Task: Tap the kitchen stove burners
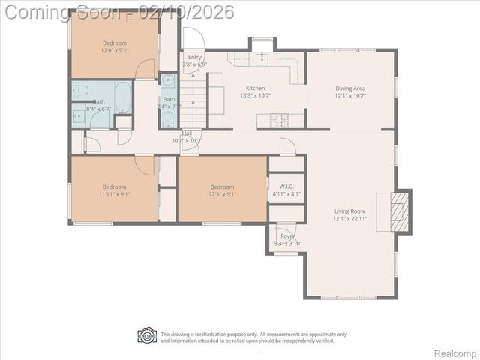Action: click(280, 118)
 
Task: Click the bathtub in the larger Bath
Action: click(123, 96)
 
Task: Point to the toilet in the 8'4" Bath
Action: click(81, 92)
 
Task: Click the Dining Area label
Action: click(349, 88)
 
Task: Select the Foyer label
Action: click(288, 236)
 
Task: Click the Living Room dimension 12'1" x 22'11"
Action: click(350, 219)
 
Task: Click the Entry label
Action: click(195, 57)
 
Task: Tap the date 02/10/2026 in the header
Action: click(193, 12)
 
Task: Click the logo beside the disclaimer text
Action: click(147, 336)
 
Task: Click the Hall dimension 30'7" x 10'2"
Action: click(187, 141)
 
